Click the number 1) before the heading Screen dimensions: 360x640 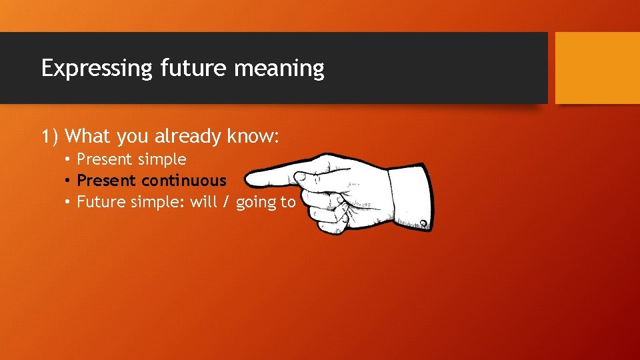(50, 137)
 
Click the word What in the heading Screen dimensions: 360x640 (89, 137)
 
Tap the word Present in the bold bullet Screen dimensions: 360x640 (107, 181)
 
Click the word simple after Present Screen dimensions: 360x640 (162, 160)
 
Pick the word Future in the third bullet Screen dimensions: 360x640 (99, 202)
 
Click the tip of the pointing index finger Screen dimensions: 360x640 (248, 179)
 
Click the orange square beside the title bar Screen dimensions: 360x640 (597, 68)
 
